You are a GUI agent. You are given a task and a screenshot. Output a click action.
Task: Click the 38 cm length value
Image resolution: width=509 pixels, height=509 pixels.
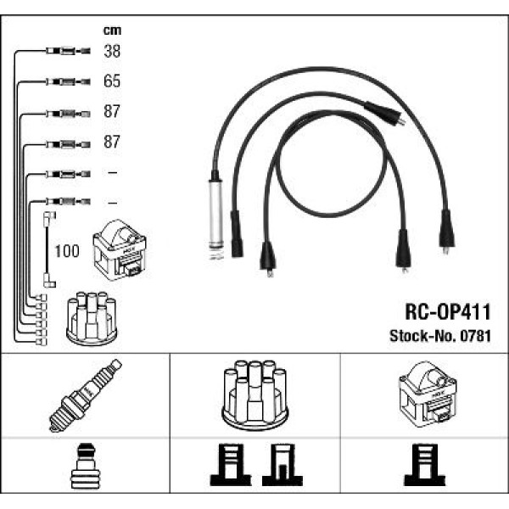pyautogui.click(x=112, y=51)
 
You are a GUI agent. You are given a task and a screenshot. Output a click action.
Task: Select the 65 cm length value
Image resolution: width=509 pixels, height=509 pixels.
pyautogui.click(x=112, y=81)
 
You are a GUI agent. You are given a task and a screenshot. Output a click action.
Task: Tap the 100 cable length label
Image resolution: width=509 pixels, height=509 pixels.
pyautogui.click(x=67, y=251)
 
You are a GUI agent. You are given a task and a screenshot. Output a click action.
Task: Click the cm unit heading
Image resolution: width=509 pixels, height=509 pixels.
pyautogui.click(x=112, y=31)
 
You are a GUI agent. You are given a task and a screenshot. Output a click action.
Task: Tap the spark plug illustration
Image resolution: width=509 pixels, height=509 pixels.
pyautogui.click(x=85, y=395)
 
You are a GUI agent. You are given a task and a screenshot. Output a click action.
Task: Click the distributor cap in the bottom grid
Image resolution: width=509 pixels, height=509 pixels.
pyautogui.click(x=255, y=394)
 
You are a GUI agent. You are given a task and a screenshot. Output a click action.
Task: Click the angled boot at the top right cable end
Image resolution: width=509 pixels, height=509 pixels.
pyautogui.click(x=384, y=114)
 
